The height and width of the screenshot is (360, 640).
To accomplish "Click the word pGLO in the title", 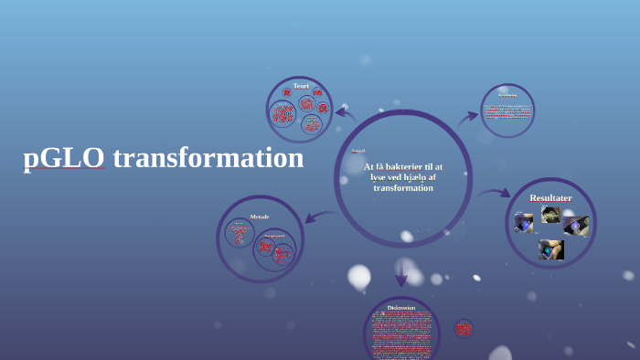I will tap(64, 158).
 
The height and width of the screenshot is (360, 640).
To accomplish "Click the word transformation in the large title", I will tap(208, 157).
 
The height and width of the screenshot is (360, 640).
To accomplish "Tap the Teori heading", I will tap(301, 86).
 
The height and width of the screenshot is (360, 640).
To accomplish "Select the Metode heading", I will tap(260, 217).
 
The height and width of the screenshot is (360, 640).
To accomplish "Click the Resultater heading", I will tap(550, 197).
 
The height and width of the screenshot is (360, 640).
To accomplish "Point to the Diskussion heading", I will tap(401, 308).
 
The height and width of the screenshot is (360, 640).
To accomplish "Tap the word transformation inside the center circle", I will tap(403, 188).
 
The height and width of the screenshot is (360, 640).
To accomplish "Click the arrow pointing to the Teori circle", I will tap(345, 114).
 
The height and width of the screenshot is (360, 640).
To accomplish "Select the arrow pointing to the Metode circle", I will tap(319, 217).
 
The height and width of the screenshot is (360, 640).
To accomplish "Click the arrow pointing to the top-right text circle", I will tap(467, 116).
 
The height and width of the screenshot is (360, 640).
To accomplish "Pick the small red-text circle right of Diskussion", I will tap(464, 328).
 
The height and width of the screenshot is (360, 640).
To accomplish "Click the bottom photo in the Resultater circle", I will tap(551, 249).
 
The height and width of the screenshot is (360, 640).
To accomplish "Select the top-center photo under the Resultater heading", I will tap(550, 215).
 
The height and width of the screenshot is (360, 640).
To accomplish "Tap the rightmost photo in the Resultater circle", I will tap(576, 226).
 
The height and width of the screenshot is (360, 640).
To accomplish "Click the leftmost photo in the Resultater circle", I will tap(524, 222).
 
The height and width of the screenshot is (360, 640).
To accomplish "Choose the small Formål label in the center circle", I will tap(358, 151).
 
